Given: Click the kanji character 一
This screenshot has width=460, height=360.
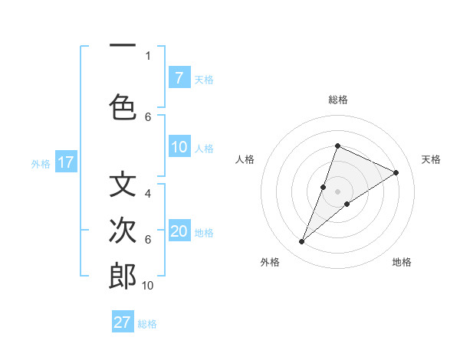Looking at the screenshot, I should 123,47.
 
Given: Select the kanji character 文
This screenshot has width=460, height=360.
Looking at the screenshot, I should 123,185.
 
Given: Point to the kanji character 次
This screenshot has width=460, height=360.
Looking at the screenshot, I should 123,230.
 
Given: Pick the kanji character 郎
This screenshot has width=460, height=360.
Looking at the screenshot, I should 123,276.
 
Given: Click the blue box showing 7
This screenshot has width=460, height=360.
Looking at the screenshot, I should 179,77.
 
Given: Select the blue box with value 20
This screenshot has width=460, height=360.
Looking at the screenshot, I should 179,231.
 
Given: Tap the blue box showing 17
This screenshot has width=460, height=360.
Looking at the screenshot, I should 65,162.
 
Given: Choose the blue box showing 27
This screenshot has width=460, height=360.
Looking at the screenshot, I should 123,322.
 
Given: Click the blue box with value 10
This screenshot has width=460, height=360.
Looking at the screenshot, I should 179,147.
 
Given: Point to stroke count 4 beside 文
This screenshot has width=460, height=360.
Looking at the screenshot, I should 148,193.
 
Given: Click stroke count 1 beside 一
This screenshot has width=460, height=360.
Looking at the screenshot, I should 148,55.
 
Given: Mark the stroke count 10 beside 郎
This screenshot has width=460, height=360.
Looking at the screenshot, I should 148,285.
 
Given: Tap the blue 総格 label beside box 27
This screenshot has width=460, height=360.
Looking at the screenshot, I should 148,324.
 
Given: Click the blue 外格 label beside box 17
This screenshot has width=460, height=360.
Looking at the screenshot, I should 40,163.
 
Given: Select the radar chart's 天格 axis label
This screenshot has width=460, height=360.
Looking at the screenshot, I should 431,159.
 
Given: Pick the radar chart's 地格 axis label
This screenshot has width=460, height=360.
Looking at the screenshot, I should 402,263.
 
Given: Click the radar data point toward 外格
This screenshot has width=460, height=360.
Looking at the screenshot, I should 302,242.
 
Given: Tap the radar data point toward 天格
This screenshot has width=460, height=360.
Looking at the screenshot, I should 396,172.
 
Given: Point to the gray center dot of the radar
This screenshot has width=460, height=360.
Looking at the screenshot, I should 337,191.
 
